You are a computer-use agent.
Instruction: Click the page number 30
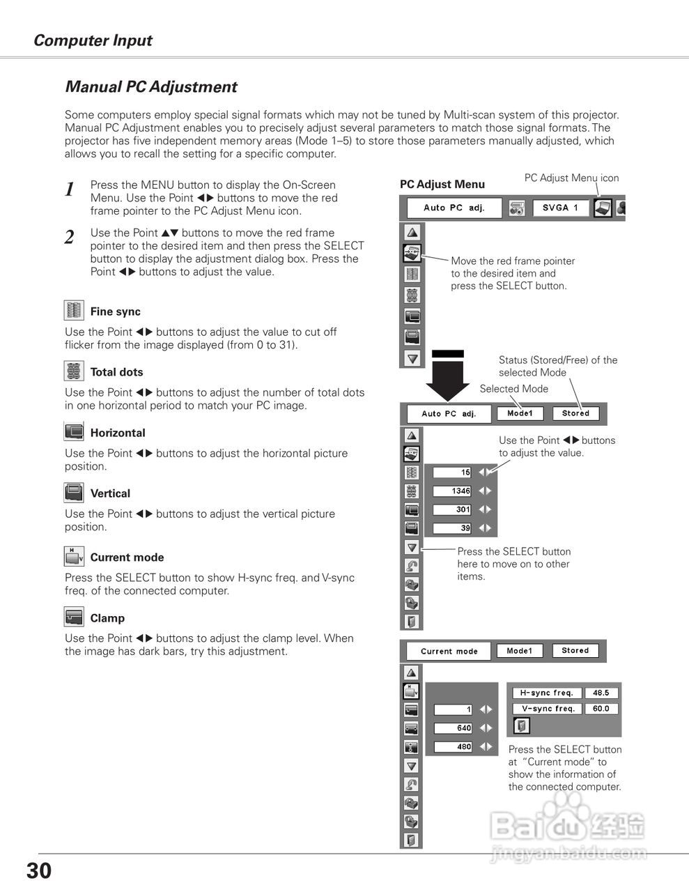click(x=39, y=871)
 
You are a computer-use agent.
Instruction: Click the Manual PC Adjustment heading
click(x=150, y=87)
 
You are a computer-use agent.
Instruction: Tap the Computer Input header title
click(x=93, y=40)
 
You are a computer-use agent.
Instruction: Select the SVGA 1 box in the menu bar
click(x=561, y=208)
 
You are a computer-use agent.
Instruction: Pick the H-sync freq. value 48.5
click(x=601, y=693)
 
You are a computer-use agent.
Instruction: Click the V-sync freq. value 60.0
click(x=601, y=709)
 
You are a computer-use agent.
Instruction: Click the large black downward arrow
click(x=447, y=376)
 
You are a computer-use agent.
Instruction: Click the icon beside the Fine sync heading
click(x=73, y=311)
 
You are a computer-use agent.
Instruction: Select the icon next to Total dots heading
click(x=73, y=371)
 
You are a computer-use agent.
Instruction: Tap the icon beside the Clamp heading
click(x=73, y=617)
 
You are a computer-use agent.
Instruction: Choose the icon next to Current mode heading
click(x=73, y=557)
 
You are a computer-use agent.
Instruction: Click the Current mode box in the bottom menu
click(x=449, y=652)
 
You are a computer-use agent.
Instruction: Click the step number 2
click(x=69, y=238)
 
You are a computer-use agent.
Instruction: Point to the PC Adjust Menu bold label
click(x=442, y=185)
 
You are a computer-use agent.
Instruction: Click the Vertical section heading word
click(x=110, y=493)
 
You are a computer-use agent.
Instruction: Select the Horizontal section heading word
click(x=118, y=433)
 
